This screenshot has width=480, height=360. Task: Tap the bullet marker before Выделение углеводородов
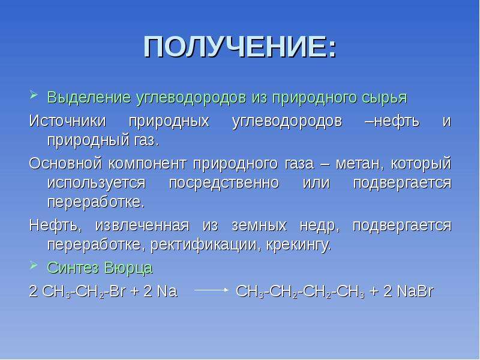pyautogui.click(x=34, y=95)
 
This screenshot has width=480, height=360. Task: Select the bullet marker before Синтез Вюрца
pyautogui.click(x=34, y=265)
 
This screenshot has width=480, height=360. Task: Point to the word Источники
pyautogui.click(x=67, y=121)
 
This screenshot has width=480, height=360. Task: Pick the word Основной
pyautogui.click(x=65, y=163)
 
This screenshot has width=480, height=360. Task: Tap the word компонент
pyautogui.click(x=147, y=164)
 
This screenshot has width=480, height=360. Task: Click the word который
pyautogui.click(x=421, y=164)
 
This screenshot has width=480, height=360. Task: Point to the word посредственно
pyautogui.click(x=224, y=184)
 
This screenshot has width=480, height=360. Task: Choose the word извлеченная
pyautogui.click(x=142, y=226)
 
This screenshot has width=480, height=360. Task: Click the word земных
pyautogui.click(x=260, y=226)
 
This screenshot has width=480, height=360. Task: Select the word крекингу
pyautogui.click(x=299, y=245)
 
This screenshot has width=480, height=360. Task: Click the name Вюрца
pyautogui.click(x=128, y=268)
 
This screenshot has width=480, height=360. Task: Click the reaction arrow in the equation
pyautogui.click(x=212, y=290)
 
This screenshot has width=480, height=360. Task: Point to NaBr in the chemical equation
pyautogui.click(x=415, y=291)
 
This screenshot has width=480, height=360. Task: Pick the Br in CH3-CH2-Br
pyautogui.click(x=117, y=291)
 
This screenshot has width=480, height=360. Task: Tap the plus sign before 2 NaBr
pyautogui.click(x=374, y=292)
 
